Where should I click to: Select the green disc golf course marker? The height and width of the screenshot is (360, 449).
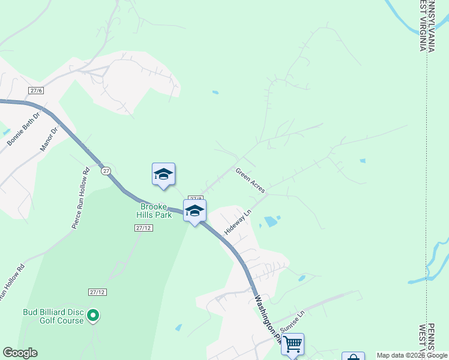92,314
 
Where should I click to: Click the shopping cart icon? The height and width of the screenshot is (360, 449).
292,344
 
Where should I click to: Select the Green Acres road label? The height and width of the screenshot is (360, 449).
250,180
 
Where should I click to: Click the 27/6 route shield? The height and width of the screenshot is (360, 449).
36,91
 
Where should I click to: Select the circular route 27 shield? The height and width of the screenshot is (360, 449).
106,171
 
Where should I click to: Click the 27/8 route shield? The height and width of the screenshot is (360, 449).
195,198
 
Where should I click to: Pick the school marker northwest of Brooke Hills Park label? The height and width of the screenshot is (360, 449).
163,175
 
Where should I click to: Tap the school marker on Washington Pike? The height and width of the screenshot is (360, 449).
195,211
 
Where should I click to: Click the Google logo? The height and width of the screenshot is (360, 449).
20,353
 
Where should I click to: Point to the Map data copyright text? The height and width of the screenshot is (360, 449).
411,355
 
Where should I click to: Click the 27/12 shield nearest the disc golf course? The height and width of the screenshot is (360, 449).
97,292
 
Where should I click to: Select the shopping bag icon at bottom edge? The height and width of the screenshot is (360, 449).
354,357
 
